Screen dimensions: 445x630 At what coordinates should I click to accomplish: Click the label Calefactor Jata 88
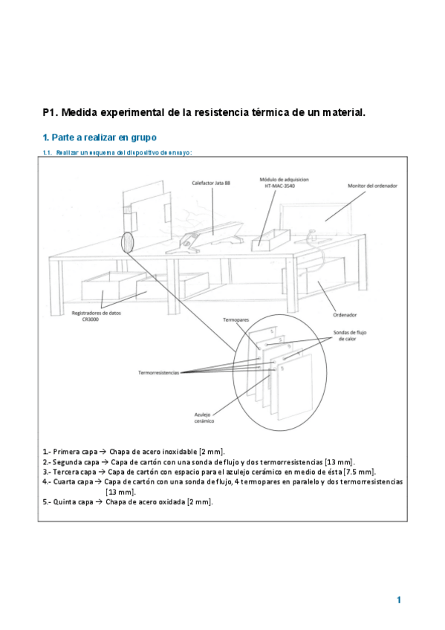(211, 184)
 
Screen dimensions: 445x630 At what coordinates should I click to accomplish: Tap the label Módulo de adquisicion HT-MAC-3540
(284, 183)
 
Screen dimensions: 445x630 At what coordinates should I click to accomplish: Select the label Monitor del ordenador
(372, 186)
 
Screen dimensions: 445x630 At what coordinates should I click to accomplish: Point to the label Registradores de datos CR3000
(96, 316)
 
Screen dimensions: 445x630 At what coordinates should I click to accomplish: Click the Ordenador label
(345, 315)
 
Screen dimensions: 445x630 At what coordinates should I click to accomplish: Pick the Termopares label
(236, 319)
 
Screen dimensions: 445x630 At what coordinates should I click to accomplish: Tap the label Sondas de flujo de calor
(349, 336)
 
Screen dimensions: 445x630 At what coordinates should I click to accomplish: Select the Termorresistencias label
(159, 373)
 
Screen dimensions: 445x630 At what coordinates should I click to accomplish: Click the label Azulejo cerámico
(204, 418)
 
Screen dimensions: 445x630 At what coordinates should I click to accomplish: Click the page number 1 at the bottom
(399, 600)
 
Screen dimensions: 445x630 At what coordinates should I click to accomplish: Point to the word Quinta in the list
(62, 501)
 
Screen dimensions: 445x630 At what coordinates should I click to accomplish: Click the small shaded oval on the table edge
(127, 242)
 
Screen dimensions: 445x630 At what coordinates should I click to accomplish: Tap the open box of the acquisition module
(270, 239)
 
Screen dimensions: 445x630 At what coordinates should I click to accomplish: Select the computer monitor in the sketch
(316, 219)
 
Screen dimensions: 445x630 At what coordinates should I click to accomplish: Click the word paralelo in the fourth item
(306, 481)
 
